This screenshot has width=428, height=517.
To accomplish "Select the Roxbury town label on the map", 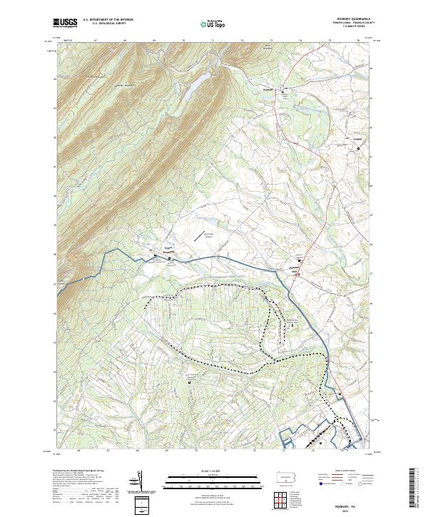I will coord(269,90).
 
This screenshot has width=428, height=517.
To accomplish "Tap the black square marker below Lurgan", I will coord(358,148).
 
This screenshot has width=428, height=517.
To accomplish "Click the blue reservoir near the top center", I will coord(195,86).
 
